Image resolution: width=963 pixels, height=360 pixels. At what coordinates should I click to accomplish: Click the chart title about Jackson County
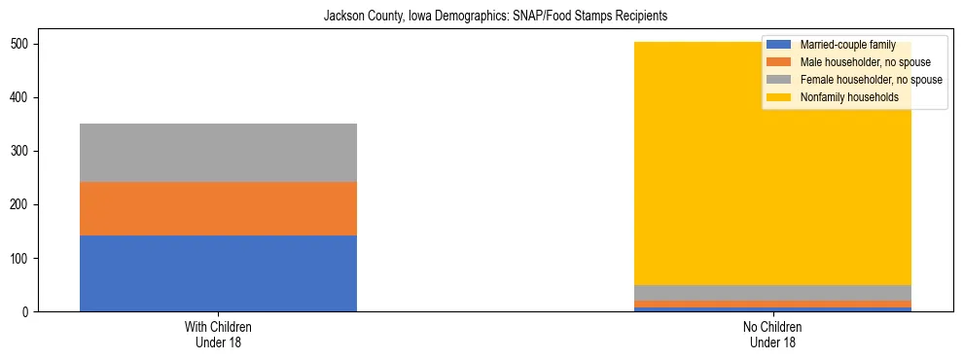[x=481, y=17]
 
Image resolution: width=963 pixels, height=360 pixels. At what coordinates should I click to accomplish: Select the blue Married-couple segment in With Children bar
[x=218, y=273]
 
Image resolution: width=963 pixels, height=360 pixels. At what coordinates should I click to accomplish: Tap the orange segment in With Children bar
[x=218, y=208]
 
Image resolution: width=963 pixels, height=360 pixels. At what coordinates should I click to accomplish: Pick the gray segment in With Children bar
[x=218, y=153]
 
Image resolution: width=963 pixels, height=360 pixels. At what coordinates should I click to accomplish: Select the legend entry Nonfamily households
[x=848, y=97]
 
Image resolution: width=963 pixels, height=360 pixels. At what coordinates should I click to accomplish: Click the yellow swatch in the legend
[x=779, y=97]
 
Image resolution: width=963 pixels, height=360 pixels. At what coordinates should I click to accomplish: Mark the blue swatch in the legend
[x=779, y=45]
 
